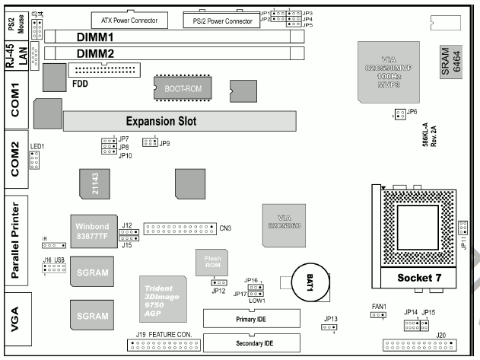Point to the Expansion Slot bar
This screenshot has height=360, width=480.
pos(179,120)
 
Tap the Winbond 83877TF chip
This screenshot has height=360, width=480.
pos(94,231)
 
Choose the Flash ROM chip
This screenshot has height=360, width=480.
pos(212,263)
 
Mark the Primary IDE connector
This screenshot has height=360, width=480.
pos(250,317)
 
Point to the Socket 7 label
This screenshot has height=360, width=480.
pos(419,278)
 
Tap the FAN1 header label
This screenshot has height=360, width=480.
pos(380,307)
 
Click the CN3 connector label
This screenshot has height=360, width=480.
pos(227,228)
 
